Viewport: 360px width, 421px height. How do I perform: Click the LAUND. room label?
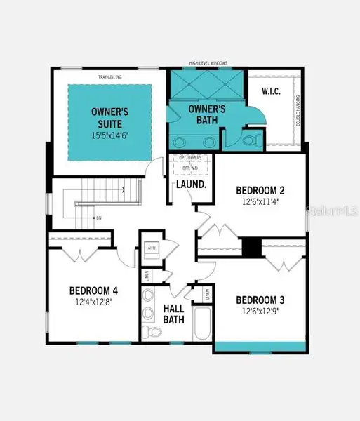click(191, 185)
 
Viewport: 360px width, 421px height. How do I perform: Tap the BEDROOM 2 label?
click(260, 190)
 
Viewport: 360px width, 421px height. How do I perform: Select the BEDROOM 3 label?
click(260, 298)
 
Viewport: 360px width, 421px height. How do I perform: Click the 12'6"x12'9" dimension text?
click(260, 311)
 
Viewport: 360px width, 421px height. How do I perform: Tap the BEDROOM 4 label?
click(93, 290)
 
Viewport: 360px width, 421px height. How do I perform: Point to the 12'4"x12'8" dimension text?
click(93, 303)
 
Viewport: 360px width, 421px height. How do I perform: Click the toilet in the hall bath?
click(148, 330)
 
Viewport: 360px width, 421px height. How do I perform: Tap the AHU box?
click(152, 248)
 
